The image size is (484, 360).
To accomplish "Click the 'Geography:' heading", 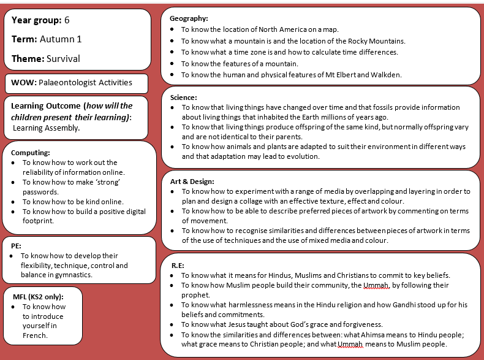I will pos(189,19).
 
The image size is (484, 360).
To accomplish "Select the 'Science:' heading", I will pos(183,98).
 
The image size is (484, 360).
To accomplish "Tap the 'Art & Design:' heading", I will pos(192,182).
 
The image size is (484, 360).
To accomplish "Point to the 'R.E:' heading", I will pos(178,265).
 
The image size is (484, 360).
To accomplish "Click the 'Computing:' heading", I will pos(31,153).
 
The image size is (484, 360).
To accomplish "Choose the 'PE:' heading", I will pos(17,245).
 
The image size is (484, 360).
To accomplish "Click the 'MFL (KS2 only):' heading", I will pos(38,297).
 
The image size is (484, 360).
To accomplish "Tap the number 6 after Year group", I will pos(67,20).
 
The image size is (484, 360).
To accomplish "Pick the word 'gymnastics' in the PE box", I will pos(77,275).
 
